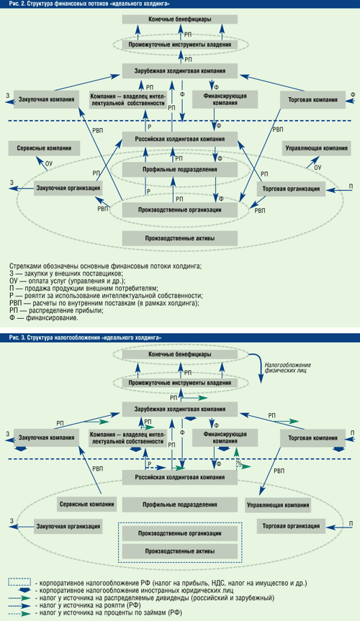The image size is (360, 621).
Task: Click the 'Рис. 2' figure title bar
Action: (180, 4)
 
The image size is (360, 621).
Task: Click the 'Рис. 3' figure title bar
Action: (180, 337)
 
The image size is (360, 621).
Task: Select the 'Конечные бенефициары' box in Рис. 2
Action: (179, 19)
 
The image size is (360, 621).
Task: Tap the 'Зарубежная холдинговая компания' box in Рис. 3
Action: (179, 409)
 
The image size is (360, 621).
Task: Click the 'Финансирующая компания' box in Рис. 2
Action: (225, 99)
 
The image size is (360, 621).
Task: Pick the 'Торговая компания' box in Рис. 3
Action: (312, 438)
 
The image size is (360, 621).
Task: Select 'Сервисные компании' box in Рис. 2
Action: (44, 148)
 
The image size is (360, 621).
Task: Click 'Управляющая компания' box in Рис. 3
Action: (278, 505)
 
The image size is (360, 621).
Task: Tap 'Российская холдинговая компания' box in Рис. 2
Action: (179, 139)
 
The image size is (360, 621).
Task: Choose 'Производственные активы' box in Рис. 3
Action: (179, 551)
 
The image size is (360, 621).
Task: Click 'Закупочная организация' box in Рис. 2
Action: (68, 188)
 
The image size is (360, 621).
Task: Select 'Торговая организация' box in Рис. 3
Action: (291, 526)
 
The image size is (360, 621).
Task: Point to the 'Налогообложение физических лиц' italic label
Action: (288, 368)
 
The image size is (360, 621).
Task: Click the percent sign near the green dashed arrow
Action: (238, 462)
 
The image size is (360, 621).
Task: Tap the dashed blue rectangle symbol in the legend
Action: (20, 582)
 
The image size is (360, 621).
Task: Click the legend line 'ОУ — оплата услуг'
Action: (67, 281)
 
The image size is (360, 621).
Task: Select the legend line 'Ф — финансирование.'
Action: (44, 317)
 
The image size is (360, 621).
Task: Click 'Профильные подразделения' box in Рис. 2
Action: (179, 170)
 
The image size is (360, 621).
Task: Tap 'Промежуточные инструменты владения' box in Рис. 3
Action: (179, 383)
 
